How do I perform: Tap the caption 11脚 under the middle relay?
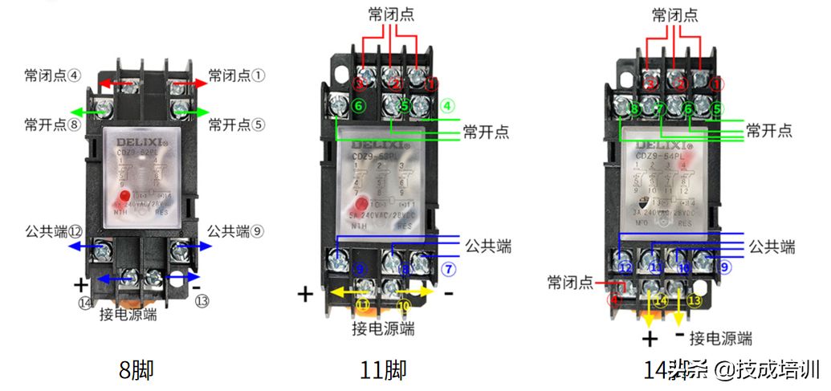(x=383, y=370)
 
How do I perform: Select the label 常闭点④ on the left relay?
(x=52, y=75)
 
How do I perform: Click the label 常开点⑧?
(x=52, y=124)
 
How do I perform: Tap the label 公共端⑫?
(x=53, y=231)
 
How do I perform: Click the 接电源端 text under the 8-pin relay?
(x=128, y=314)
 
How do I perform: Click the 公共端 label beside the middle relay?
(x=487, y=246)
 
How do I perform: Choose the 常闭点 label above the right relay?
(x=674, y=14)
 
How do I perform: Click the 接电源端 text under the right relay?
(x=721, y=337)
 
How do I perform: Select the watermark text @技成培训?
(x=768, y=370)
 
